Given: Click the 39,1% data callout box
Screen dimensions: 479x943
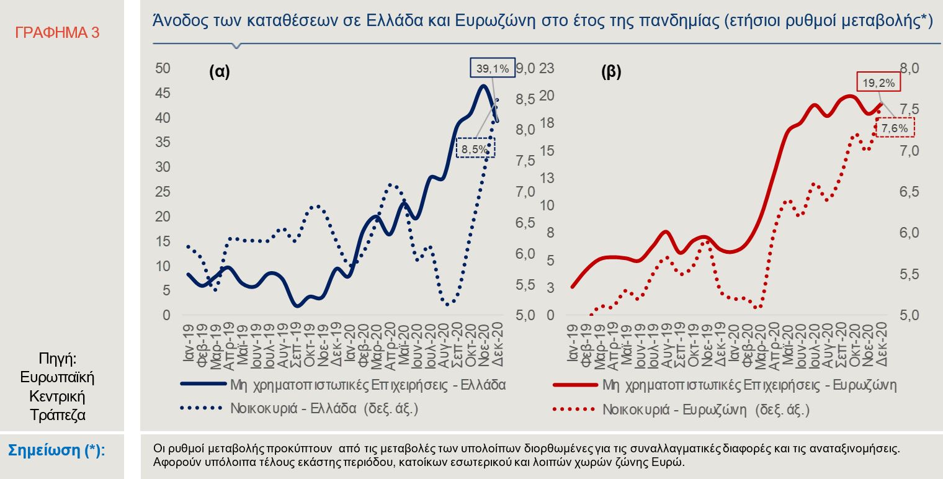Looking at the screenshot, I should [x=493, y=68].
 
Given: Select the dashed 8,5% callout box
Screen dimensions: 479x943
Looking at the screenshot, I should [x=476, y=148].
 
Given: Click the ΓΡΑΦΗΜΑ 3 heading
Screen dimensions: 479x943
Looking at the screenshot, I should [x=57, y=33].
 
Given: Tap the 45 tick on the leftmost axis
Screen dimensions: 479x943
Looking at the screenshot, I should [x=163, y=93].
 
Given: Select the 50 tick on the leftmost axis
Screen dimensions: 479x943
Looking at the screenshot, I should [x=163, y=68].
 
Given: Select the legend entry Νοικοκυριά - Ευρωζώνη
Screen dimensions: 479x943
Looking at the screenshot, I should [x=706, y=410].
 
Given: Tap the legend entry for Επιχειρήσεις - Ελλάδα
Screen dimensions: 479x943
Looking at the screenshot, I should [x=368, y=385].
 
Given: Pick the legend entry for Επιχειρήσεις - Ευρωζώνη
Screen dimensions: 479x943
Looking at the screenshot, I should [x=749, y=385].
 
